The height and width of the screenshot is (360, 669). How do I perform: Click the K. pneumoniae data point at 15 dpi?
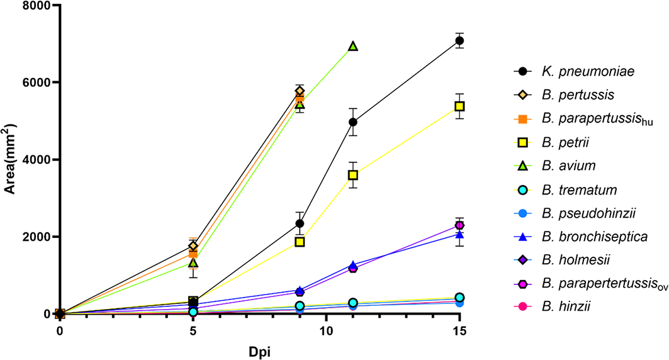tap(459, 41)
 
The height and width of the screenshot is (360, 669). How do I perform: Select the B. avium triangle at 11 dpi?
tap(353, 46)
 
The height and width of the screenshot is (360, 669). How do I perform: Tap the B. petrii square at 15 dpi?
tap(459, 106)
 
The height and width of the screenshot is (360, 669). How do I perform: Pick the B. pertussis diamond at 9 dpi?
tap(300, 91)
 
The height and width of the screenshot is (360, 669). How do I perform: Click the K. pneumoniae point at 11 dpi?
tap(353, 121)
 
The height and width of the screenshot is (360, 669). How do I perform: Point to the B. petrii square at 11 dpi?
tap(353, 174)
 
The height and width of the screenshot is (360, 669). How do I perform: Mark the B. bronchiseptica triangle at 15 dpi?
tap(459, 234)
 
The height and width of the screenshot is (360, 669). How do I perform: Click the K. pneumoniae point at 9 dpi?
tap(300, 223)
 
